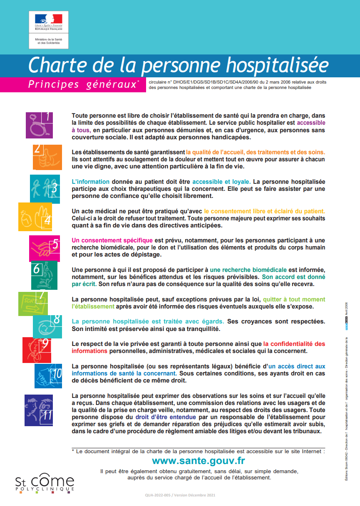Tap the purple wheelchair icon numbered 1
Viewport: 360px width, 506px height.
click(x=40, y=125)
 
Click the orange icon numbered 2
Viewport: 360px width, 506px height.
click(x=47, y=157)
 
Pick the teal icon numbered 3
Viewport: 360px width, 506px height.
click(x=45, y=189)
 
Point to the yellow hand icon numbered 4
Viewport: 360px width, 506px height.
click(x=35, y=216)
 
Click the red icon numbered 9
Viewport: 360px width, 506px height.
click(x=37, y=350)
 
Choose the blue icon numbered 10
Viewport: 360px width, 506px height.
click(x=48, y=375)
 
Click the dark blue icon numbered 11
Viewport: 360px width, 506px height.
click(x=39, y=410)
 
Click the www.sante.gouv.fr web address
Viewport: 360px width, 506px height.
click(x=199, y=461)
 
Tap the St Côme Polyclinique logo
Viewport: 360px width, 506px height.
click(x=45, y=484)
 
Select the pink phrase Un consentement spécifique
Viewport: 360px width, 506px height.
click(x=112, y=240)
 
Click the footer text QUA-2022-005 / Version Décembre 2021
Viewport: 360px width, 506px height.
click(x=180, y=495)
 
